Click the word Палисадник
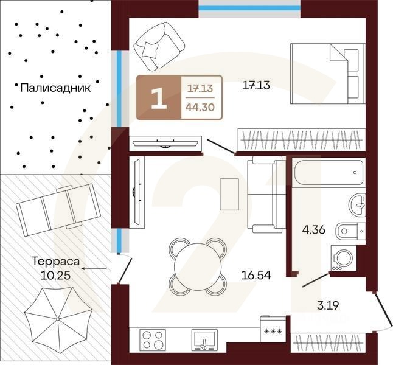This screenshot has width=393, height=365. (x=55, y=88)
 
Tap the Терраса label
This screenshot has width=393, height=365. (x=55, y=262)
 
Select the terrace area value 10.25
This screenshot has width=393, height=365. (x=55, y=276)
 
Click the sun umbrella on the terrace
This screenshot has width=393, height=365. (x=58, y=319)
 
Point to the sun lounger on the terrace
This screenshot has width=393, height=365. (x=58, y=210)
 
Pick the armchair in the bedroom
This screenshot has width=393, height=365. (x=159, y=47)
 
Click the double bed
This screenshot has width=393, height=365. (x=328, y=74)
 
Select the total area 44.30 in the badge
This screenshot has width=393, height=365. (x=200, y=107)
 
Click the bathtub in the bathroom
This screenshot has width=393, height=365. (x=329, y=173)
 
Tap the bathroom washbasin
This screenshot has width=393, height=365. (x=357, y=206)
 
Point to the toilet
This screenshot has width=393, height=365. (x=350, y=231)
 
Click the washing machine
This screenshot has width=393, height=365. (x=344, y=258)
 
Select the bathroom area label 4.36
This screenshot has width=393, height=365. (x=313, y=229)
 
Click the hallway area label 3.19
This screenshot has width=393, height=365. (x=328, y=305)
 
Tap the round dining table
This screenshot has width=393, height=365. (x=198, y=266)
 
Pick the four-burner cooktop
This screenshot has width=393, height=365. (x=152, y=341)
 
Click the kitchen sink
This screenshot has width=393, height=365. (x=204, y=341)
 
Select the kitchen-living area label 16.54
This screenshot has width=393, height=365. (x=256, y=275)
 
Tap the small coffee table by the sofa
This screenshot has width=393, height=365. (x=229, y=194)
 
